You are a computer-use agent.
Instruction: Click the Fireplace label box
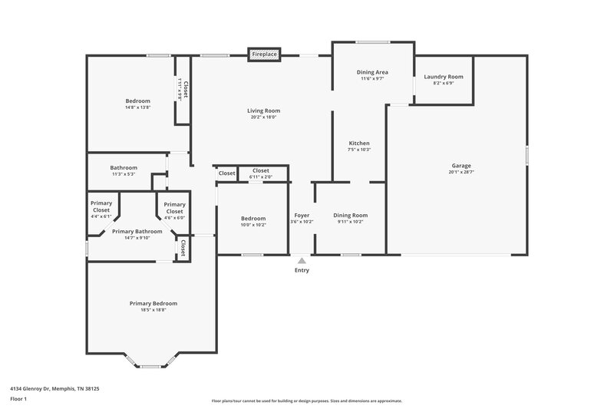point(265,54)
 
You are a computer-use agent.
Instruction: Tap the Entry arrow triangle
point(302,261)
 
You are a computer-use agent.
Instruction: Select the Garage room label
point(460,166)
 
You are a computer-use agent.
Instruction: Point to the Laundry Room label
point(444,77)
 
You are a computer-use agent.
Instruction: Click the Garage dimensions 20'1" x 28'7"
point(460,173)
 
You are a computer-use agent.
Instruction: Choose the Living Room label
point(262,110)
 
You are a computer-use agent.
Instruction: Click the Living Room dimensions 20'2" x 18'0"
point(262,117)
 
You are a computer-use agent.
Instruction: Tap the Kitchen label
point(359,143)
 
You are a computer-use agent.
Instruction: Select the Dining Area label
point(371,72)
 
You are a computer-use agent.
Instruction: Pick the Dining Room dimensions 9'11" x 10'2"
point(350,222)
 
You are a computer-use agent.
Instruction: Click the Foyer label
point(302,216)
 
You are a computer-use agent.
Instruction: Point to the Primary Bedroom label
point(153,303)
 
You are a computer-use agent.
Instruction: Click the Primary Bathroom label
point(137,231)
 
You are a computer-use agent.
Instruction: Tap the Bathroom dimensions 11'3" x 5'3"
point(124,174)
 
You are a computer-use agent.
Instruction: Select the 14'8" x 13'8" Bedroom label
point(138,101)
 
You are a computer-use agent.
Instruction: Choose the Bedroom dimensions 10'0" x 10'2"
point(253,225)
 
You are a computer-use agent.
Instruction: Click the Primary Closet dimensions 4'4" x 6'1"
point(101,217)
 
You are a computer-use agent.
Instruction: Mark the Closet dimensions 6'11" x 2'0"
point(261,177)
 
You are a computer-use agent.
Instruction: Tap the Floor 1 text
point(18,400)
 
